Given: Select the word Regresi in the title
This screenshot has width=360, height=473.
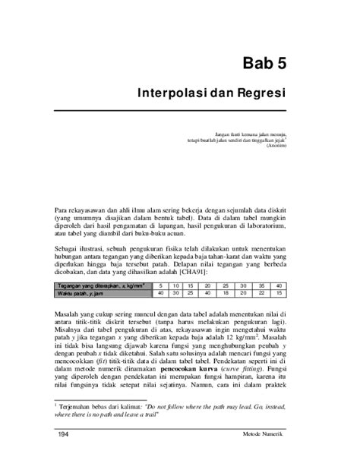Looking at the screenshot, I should click(256, 96).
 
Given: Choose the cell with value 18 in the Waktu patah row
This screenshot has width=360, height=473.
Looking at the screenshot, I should click(227, 293).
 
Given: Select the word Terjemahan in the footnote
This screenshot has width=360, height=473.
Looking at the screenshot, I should click(79, 406).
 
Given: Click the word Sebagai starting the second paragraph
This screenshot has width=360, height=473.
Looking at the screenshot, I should click(69, 246).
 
